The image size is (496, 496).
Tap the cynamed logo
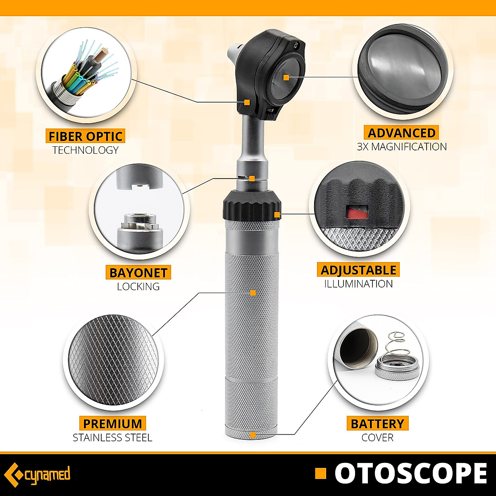click(x=40, y=474)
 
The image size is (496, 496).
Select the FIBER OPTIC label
click(x=86, y=136)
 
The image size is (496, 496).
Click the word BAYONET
click(x=138, y=273)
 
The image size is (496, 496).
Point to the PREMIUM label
click(x=112, y=424)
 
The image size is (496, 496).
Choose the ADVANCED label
click(x=401, y=133)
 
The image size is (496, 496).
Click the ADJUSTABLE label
click(x=358, y=270)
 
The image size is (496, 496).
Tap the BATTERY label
click(x=377, y=424)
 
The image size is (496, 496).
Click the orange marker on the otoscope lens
click(x=286, y=77)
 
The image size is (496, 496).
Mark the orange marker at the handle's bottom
click(x=253, y=434)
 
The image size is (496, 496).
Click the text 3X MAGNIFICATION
click(x=402, y=147)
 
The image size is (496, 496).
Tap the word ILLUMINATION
click(x=358, y=284)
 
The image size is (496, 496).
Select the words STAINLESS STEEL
click(x=112, y=437)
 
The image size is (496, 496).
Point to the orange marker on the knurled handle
click(x=253, y=293)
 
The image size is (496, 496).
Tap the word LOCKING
click(x=138, y=286)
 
